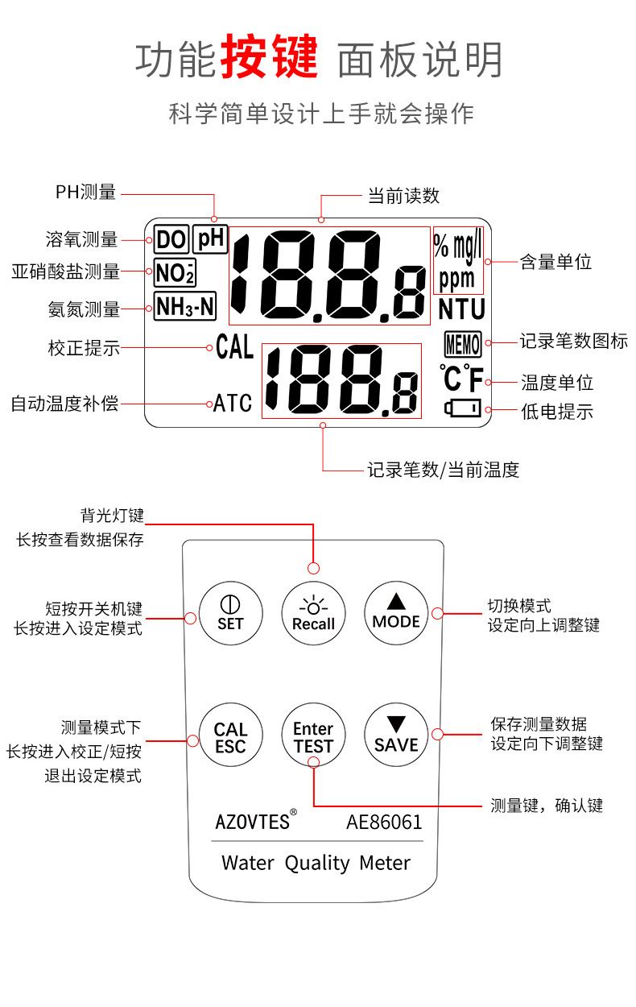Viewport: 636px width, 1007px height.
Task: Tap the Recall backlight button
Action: pyautogui.click(x=313, y=612)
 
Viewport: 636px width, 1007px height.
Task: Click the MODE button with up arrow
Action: pyautogui.click(x=396, y=612)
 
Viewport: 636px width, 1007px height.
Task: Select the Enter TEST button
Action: pyautogui.click(x=313, y=736)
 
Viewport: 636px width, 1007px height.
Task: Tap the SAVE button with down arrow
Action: pyautogui.click(x=396, y=736)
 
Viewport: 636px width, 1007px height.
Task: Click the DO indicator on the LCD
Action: pyautogui.click(x=171, y=239)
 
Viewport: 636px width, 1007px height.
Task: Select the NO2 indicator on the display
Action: pyautogui.click(x=175, y=273)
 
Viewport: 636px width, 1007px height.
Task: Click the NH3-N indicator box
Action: pyautogui.click(x=185, y=306)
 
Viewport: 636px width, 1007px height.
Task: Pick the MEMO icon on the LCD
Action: pyautogui.click(x=462, y=346)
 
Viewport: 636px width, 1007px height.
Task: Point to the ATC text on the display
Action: pyautogui.click(x=232, y=403)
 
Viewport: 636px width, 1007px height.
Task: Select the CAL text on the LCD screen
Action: pyautogui.click(x=234, y=348)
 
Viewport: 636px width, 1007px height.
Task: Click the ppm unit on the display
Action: pyautogui.click(x=457, y=279)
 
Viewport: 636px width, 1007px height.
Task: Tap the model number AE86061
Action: pyautogui.click(x=384, y=822)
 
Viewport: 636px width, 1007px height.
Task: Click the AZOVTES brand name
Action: pyautogui.click(x=253, y=822)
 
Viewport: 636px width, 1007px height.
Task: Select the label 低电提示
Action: pyautogui.click(x=557, y=412)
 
